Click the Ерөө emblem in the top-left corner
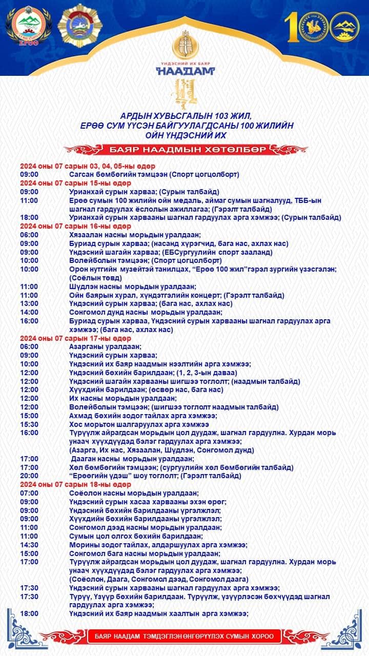pos(29,27)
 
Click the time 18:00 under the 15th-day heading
pos(29,217)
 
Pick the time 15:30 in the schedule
pos(29,424)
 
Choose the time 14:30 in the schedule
pos(29,545)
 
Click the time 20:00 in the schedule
pos(29,476)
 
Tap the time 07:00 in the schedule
pos(29,493)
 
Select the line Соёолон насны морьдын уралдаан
pos(134,493)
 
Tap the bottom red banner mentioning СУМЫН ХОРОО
pos(184,637)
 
